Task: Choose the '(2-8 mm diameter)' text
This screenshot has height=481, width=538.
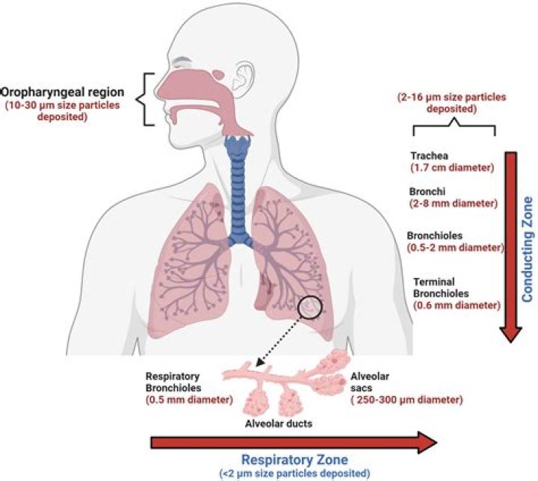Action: (x=454, y=202)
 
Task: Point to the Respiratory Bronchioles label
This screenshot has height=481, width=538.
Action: (x=182, y=383)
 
